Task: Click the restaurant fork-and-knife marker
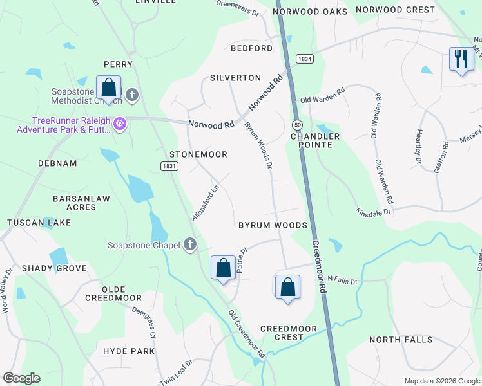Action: coord(461,60)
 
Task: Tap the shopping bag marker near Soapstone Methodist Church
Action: coord(108,88)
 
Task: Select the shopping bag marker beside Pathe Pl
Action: coord(223,266)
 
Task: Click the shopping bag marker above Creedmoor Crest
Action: coord(287,287)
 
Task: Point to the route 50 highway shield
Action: coord(296,124)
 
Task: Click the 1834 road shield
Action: coord(305,59)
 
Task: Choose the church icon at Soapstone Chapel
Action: coord(189,244)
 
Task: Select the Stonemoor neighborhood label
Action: coord(198,155)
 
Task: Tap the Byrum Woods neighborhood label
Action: coord(273,225)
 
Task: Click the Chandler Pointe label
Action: coord(315,140)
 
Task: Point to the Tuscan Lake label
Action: coord(30,223)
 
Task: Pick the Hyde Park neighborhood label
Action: coord(129,351)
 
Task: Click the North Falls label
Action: coord(398,339)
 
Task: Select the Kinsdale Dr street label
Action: coord(374,210)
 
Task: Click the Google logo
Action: coord(21,378)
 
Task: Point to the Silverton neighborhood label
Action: coord(235,78)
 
